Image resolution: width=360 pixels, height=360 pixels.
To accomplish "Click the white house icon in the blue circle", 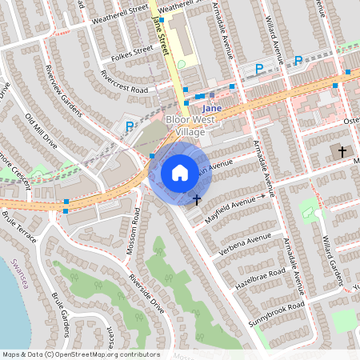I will pyautogui.click(x=180, y=172).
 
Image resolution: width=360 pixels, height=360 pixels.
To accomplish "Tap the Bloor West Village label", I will pyautogui.click(x=185, y=126).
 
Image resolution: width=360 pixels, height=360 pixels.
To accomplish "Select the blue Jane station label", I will pyautogui.click(x=211, y=107).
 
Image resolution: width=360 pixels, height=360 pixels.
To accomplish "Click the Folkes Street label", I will pyautogui.click(x=132, y=55).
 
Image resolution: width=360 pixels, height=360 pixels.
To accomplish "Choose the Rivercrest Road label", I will pyautogui.click(x=126, y=83).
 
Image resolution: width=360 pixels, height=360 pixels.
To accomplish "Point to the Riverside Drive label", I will pyautogui.click(x=147, y=293).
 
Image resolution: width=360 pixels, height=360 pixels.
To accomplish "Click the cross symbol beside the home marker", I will pyautogui.click(x=196, y=198).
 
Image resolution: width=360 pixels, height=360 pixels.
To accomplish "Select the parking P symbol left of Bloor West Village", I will pyautogui.click(x=130, y=126).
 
